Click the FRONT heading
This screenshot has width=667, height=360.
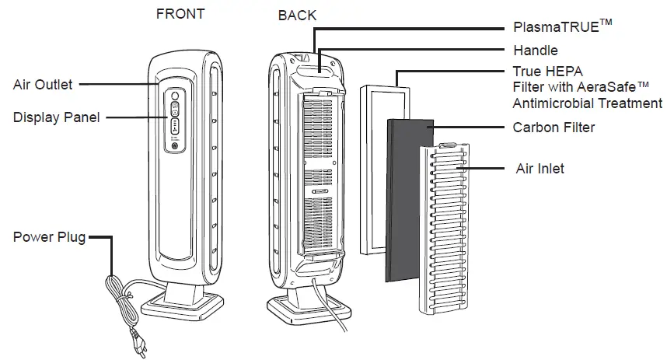[x=181, y=14]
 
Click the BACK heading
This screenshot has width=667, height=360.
[x=297, y=16]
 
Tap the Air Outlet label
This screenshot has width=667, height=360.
[x=44, y=85]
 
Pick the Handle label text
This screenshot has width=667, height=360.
[x=536, y=51]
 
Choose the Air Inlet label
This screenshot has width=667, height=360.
[x=540, y=168]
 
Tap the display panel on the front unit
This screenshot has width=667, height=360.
[x=175, y=120]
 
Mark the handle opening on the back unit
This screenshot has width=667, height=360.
[x=316, y=70]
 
